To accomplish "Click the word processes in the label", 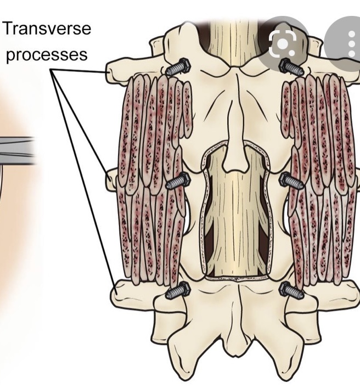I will pyautogui.click(x=47, y=55).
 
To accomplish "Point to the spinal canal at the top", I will pyautogui.click(x=233, y=33).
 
